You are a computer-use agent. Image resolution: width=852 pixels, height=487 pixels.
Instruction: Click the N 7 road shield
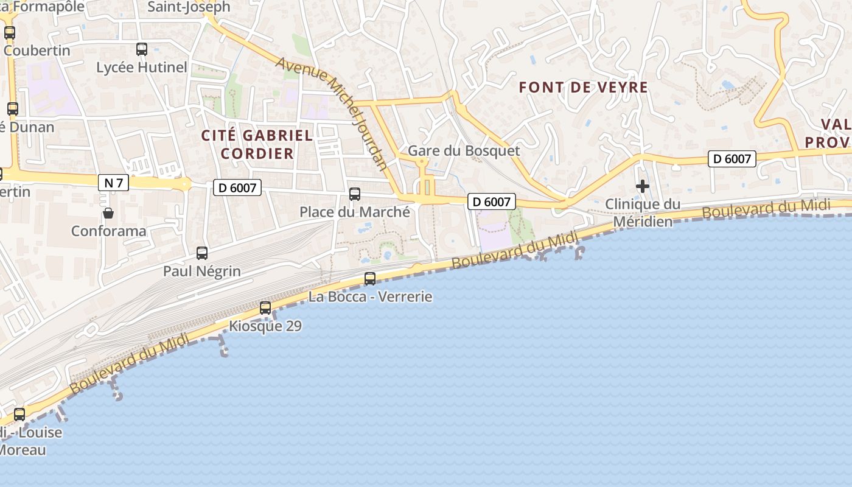(x=113, y=182)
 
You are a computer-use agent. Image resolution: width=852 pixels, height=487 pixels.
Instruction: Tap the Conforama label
(x=109, y=231)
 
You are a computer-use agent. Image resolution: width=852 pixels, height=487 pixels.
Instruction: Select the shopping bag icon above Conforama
(x=108, y=212)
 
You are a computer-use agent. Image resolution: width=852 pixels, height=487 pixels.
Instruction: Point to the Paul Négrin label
(x=202, y=272)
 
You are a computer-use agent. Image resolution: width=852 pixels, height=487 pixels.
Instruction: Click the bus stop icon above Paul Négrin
(x=202, y=253)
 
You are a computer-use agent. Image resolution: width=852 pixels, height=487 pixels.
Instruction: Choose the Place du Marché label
(x=355, y=212)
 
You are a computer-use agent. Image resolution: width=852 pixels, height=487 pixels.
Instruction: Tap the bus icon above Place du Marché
(x=355, y=194)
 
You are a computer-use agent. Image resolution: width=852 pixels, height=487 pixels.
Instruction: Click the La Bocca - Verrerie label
(x=370, y=297)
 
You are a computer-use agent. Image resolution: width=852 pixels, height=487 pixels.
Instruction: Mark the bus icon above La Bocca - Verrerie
(x=370, y=279)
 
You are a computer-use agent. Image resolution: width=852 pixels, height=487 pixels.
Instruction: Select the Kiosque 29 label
(x=265, y=326)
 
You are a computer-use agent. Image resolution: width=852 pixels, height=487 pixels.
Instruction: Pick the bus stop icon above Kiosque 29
(x=265, y=308)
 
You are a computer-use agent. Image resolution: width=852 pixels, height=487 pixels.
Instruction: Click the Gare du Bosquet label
(x=464, y=151)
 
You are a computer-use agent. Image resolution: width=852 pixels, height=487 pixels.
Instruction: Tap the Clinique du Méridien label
(x=643, y=212)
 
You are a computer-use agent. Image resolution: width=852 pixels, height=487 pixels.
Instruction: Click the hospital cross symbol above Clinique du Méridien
(x=643, y=186)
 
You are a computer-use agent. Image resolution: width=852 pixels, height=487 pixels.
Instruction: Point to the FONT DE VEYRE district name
(x=583, y=88)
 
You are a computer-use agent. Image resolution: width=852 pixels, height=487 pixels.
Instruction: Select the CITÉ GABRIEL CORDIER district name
(x=257, y=144)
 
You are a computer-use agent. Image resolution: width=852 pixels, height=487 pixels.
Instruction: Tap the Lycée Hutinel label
(x=142, y=68)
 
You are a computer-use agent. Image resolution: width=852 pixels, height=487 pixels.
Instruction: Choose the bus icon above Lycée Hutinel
(x=142, y=49)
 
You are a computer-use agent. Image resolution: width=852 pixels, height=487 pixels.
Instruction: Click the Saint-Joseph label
(x=189, y=7)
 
